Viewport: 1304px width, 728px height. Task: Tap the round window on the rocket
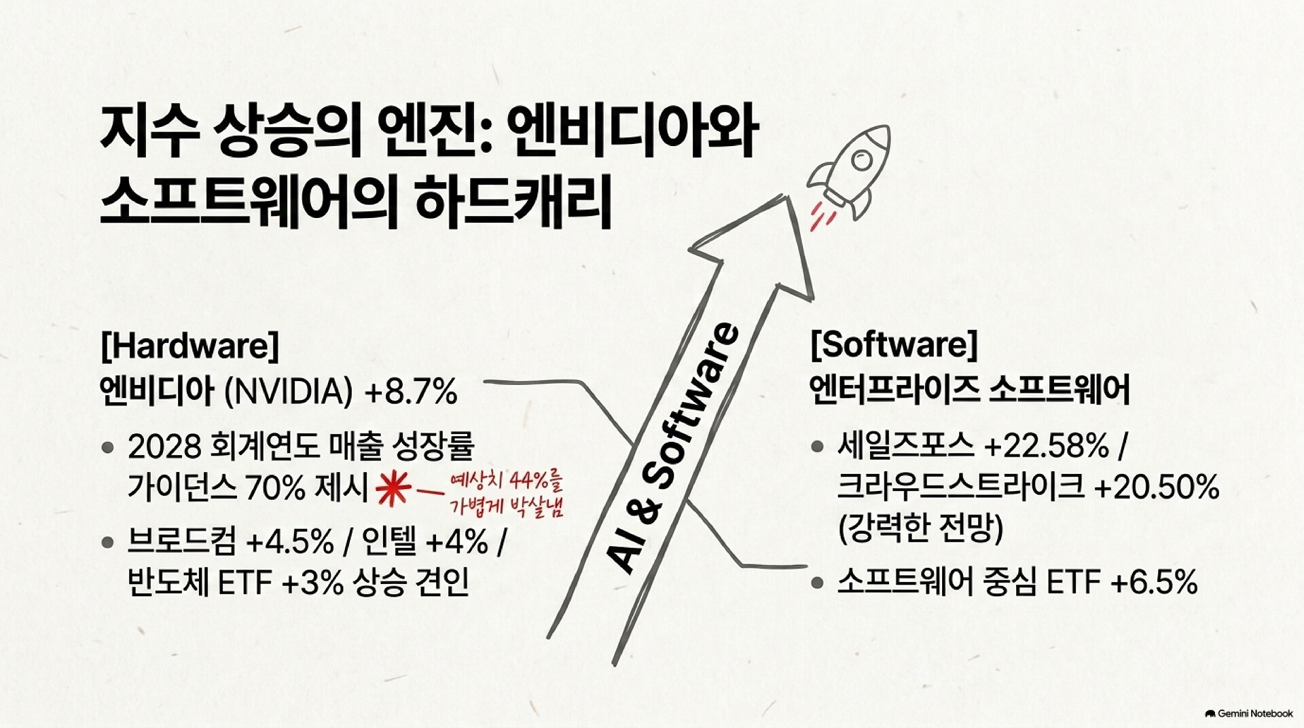pos(862,161)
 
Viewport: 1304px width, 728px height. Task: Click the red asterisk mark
pos(393,488)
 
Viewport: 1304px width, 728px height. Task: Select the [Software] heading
pos(894,344)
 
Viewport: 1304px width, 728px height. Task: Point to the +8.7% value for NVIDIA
pos(411,392)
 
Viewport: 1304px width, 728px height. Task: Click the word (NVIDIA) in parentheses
pos(289,392)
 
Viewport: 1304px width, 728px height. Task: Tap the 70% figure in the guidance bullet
pos(276,488)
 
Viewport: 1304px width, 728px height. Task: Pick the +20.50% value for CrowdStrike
pos(1157,487)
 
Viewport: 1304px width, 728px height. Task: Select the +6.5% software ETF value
pos(1154,582)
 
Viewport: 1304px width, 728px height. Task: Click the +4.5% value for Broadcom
pos(290,542)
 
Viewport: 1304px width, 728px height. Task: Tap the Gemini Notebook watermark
pos(1249,714)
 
